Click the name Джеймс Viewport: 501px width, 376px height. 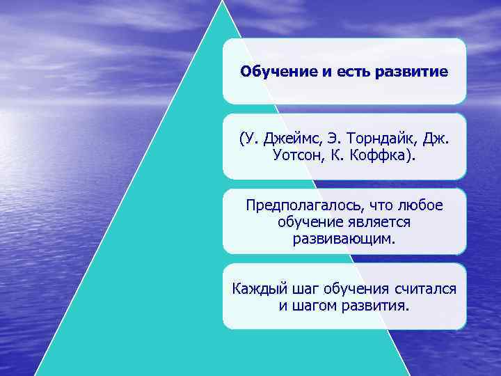tap(287, 139)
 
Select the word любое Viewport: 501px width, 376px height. tap(420, 205)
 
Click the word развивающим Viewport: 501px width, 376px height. tap(344, 239)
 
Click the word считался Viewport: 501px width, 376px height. tap(425, 289)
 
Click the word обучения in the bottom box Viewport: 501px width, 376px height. tap(354, 289)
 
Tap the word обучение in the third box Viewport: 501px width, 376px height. tap(310, 222)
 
